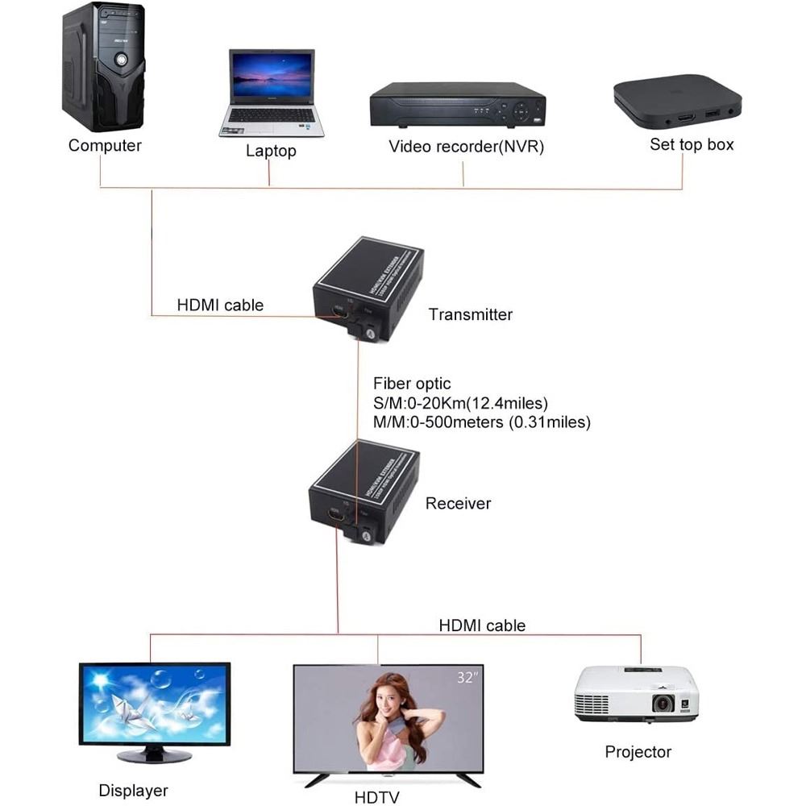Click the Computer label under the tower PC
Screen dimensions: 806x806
coord(105,146)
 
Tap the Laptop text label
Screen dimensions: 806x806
coord(271,151)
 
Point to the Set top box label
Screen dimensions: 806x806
coord(692,145)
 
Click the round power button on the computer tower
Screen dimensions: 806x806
coord(120,58)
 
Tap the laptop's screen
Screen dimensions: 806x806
coord(271,77)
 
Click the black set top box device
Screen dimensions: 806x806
coord(677,104)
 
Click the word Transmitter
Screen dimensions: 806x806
coord(471,314)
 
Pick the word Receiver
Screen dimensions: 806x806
coord(458,504)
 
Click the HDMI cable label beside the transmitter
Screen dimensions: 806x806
coord(220,305)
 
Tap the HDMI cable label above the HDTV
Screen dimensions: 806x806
coord(482,625)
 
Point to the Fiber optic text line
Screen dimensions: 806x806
coord(412,384)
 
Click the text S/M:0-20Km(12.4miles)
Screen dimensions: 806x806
coord(460,403)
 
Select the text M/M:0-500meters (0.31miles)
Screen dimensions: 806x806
coord(481,422)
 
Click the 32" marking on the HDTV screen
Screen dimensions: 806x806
coord(467,678)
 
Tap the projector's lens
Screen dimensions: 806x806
coord(663,703)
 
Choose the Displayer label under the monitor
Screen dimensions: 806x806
coord(133,791)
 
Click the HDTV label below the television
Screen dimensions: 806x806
coord(376,798)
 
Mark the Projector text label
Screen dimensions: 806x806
coord(638,752)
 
